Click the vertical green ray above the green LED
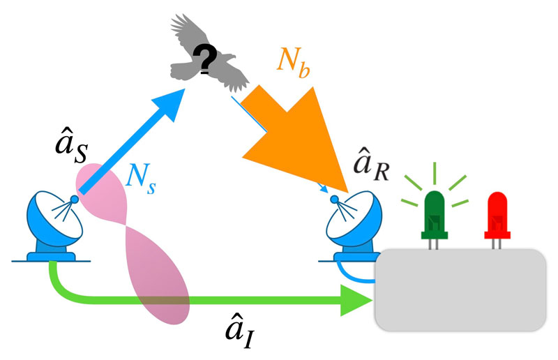433,172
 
